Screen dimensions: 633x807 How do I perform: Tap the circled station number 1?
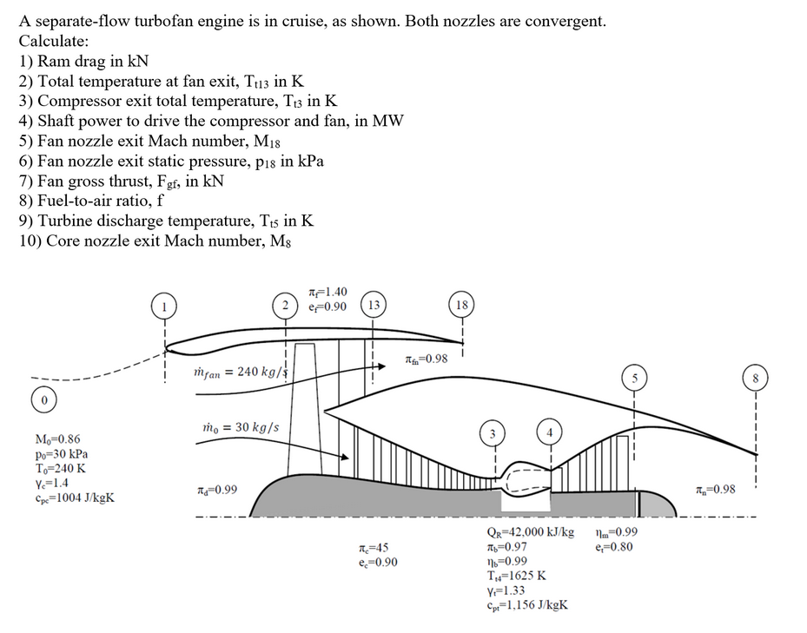click(x=162, y=305)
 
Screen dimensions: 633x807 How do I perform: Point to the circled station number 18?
click(x=462, y=305)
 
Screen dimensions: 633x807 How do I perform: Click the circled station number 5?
click(x=634, y=378)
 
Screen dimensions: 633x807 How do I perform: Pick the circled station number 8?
click(x=757, y=378)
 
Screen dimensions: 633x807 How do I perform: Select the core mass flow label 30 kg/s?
click(x=241, y=427)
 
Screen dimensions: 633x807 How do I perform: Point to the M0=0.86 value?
click(x=58, y=440)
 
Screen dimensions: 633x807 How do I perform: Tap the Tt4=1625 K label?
click(x=517, y=576)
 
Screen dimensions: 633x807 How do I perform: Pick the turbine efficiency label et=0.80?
click(x=615, y=547)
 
